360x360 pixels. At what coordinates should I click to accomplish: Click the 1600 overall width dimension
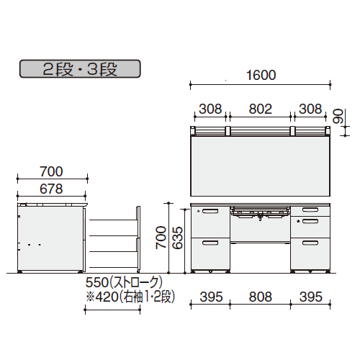pos(261,75)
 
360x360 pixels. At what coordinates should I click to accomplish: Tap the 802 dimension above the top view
pos(260,109)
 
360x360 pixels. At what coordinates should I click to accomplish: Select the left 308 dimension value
pos(210,109)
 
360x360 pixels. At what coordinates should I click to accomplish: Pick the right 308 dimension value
pos(310,109)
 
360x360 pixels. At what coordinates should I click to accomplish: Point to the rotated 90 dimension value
pos(338,116)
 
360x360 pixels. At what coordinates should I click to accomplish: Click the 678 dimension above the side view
pos(51,189)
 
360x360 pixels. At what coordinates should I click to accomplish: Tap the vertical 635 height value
pos(178,238)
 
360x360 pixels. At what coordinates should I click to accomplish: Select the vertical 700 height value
pos(161,238)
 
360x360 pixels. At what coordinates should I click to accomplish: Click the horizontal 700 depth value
pos(51,171)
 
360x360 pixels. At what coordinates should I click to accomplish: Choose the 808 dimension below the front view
pos(260,297)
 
